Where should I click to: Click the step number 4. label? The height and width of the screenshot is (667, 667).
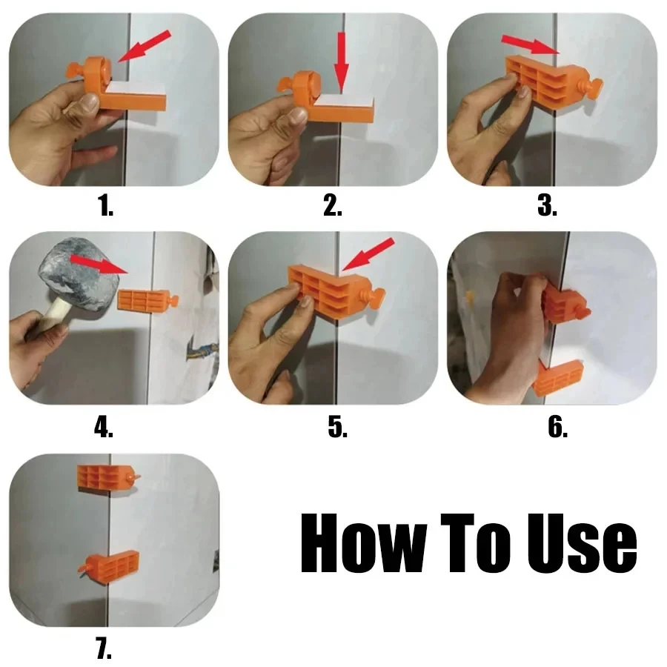pyautogui.click(x=104, y=428)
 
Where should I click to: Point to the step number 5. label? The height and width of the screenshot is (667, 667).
pyautogui.click(x=337, y=428)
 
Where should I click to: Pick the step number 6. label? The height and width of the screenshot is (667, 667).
pyautogui.click(x=557, y=428)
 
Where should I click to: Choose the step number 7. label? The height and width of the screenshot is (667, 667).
pyautogui.click(x=103, y=649)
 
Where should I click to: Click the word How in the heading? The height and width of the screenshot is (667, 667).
pyautogui.click(x=363, y=547)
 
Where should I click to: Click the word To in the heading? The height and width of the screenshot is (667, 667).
pyautogui.click(x=475, y=547)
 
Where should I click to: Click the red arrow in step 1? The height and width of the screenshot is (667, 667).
pyautogui.click(x=145, y=46)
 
